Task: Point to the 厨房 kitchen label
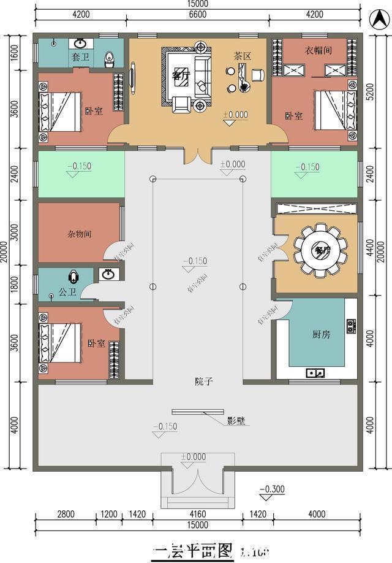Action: (322, 334)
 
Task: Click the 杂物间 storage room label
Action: (80, 234)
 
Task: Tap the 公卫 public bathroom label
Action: (67, 292)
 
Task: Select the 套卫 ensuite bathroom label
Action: (80, 58)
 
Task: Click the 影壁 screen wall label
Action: (236, 422)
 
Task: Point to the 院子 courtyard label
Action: (204, 381)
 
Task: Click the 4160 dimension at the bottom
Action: (197, 514)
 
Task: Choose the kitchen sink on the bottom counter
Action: (316, 372)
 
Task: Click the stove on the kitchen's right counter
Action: (352, 326)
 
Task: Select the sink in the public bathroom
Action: (109, 274)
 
